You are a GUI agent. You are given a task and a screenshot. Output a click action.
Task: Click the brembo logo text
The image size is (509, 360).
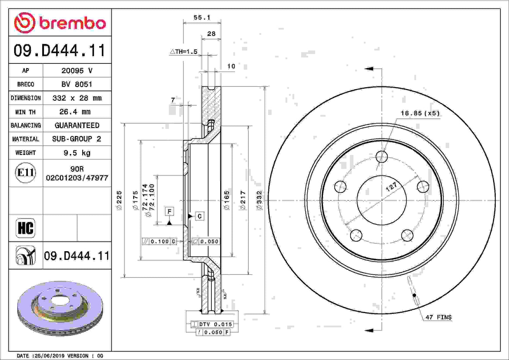point(72,23)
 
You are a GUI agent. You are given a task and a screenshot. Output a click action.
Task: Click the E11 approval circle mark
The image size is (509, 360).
point(25,173)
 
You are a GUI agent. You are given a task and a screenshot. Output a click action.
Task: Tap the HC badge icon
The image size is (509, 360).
point(25,228)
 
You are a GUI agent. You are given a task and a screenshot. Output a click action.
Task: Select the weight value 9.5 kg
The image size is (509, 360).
point(77,153)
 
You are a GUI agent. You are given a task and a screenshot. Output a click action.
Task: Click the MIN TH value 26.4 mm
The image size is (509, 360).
point(75,112)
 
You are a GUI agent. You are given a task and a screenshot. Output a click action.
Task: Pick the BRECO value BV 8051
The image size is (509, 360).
point(77,84)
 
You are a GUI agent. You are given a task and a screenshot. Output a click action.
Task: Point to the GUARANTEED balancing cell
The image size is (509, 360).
point(77,125)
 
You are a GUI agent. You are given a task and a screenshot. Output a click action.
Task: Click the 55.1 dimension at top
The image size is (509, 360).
point(202,17)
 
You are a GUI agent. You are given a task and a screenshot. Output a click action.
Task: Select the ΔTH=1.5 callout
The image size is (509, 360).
point(184,52)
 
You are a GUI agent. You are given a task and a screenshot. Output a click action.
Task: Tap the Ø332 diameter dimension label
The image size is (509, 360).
point(260,200)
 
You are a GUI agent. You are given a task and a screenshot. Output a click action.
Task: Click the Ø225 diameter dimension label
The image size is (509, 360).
point(119,200)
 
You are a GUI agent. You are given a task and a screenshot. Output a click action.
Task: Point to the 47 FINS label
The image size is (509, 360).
point(438,317)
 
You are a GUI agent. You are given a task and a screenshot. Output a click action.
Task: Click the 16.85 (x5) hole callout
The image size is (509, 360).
point(420,113)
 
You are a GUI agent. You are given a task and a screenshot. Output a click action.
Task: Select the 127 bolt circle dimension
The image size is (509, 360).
point(391,187)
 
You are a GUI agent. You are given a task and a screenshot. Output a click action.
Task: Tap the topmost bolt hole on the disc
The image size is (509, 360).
point(381,156)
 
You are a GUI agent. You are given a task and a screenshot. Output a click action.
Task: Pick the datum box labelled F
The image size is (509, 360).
point(169,211)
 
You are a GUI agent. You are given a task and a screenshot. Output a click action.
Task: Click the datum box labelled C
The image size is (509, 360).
point(199,216)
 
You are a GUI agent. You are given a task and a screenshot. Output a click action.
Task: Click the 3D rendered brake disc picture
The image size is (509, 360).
point(60,308)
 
